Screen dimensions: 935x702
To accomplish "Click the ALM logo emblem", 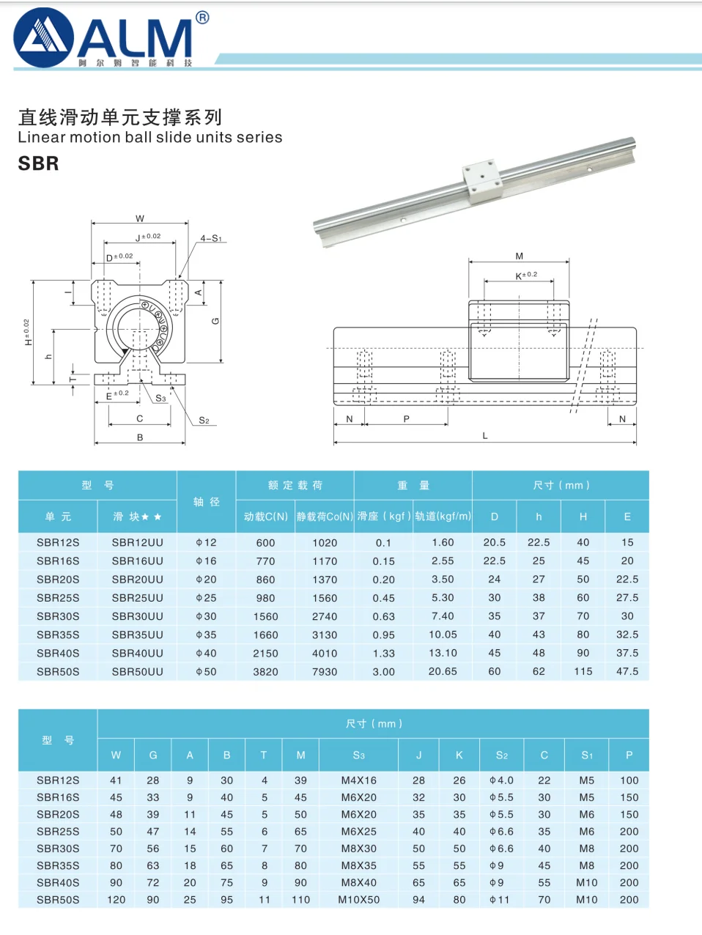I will click(x=43, y=38).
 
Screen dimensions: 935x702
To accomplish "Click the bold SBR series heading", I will click(x=38, y=163).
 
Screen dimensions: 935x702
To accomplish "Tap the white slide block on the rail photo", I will click(x=481, y=182).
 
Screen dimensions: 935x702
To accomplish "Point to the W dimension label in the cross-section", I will click(x=140, y=218).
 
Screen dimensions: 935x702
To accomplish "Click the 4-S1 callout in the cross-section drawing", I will click(x=211, y=238).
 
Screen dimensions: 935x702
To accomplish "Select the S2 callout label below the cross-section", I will click(x=204, y=420).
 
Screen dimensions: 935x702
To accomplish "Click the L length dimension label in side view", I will click(x=484, y=436).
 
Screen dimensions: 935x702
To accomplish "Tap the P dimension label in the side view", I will click(x=407, y=419).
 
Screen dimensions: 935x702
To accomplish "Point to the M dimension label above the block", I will click(x=519, y=256).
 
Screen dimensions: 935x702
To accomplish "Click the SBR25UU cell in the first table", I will click(x=137, y=598).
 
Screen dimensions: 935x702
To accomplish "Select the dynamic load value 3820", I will click(x=265, y=671).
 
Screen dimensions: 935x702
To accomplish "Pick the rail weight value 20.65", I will click(x=443, y=671).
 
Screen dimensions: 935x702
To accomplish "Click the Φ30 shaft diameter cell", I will click(x=206, y=616).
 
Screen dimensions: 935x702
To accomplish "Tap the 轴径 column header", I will click(x=206, y=502).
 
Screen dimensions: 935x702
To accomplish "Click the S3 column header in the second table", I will click(x=358, y=755).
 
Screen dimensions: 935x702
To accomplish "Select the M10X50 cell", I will click(x=358, y=900).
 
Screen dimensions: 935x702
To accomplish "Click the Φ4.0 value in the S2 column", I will click(x=501, y=780).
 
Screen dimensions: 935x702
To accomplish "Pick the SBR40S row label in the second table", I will click(x=58, y=883).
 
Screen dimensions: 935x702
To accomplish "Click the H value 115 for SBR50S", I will click(x=583, y=671).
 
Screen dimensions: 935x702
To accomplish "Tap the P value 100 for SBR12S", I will click(x=629, y=780).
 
